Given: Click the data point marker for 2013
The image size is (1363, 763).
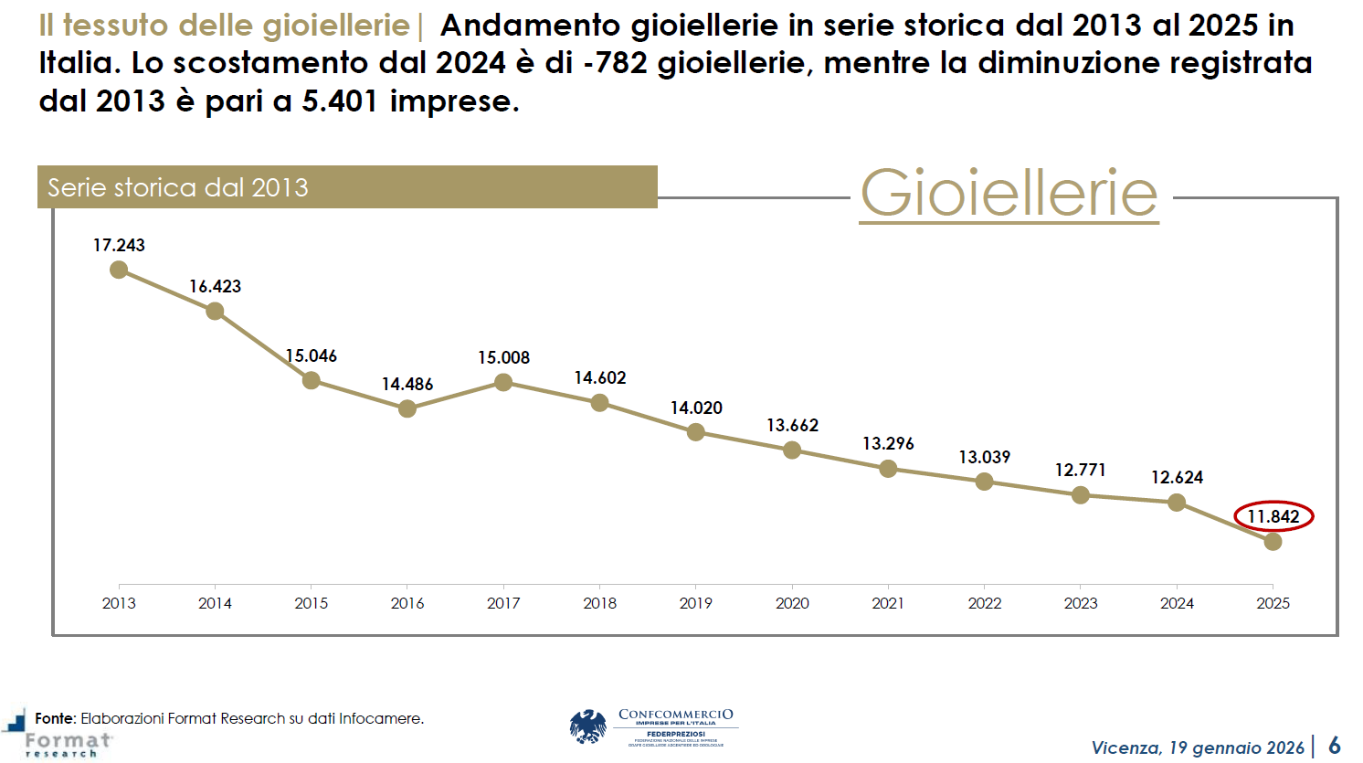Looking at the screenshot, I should (119, 270).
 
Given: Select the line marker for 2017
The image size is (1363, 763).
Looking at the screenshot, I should (503, 382).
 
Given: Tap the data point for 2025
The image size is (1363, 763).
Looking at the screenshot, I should (1273, 541).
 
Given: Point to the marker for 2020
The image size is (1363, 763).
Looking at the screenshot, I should (792, 450).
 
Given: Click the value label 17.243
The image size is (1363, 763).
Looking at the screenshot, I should (119, 245).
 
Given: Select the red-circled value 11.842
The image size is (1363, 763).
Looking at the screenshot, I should (1273, 516).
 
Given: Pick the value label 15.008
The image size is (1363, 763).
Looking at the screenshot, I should (503, 357).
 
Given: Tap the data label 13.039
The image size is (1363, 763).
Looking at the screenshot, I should (984, 457).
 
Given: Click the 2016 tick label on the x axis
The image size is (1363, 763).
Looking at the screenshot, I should (407, 603).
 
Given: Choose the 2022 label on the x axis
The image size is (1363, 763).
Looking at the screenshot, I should (984, 603).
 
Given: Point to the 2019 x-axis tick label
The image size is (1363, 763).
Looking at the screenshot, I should (696, 603).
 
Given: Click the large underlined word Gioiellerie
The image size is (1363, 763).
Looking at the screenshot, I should (1009, 193).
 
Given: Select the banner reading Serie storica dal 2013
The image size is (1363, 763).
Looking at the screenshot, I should (347, 187).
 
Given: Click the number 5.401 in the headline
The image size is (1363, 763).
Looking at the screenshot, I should (340, 101).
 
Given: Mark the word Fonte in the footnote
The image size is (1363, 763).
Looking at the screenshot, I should (55, 718).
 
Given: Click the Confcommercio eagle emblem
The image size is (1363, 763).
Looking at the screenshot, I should (588, 727).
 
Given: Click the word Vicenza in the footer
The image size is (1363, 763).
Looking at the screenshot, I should (1125, 747).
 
